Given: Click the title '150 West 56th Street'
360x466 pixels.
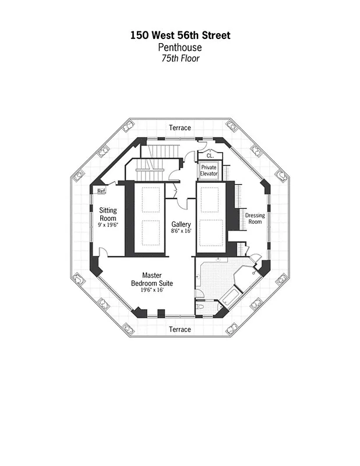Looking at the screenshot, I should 180,36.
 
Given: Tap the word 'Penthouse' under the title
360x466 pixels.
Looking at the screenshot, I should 180,47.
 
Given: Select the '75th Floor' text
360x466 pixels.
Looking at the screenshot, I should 180,58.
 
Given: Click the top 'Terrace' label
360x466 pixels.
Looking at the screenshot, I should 179,128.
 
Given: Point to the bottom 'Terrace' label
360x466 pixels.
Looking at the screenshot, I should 179,329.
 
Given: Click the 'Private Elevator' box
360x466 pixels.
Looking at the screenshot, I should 209,170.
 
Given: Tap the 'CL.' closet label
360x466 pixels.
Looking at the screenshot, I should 210,156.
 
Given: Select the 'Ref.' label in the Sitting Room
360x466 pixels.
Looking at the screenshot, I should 101,190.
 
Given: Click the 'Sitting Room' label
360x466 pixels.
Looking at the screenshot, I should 108,214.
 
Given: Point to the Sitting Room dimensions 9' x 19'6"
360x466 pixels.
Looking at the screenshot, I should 108,225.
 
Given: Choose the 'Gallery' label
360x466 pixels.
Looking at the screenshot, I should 181,224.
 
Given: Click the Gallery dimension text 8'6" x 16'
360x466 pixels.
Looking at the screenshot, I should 181,231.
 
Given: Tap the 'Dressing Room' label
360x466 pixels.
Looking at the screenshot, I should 255,218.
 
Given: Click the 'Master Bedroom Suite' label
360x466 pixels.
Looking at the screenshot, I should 151,279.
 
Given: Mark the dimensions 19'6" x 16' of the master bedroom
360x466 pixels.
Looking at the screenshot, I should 151,290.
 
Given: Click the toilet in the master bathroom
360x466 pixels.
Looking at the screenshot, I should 201,304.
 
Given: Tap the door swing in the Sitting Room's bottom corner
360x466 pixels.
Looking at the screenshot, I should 103,252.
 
